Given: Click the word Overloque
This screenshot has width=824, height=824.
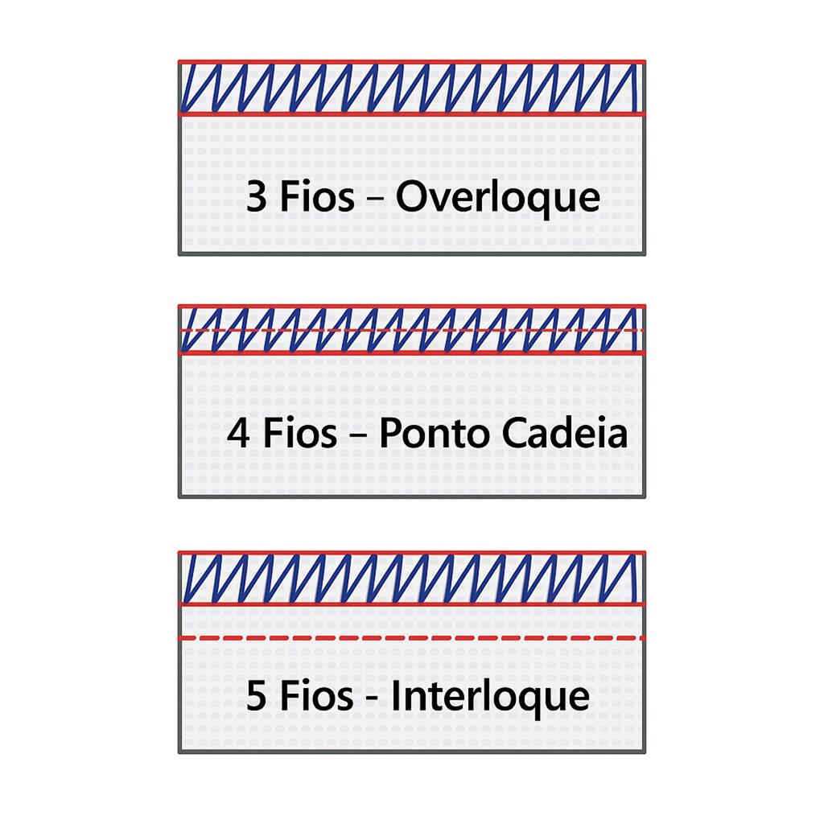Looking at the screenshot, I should coord(498,198).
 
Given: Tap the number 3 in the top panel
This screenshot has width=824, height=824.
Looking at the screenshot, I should coord(256,197).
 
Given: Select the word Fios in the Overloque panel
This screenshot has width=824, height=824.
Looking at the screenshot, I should coord(316,197).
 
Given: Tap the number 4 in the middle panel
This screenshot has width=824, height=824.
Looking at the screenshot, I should coord(237,434).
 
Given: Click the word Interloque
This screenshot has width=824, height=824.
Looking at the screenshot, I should coord(490,695).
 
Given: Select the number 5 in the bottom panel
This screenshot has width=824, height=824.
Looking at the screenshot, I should coord(256,696).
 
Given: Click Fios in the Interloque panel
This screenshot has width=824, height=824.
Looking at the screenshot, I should coord(316,695).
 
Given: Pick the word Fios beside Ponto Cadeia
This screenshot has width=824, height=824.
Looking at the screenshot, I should coord(299,434).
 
